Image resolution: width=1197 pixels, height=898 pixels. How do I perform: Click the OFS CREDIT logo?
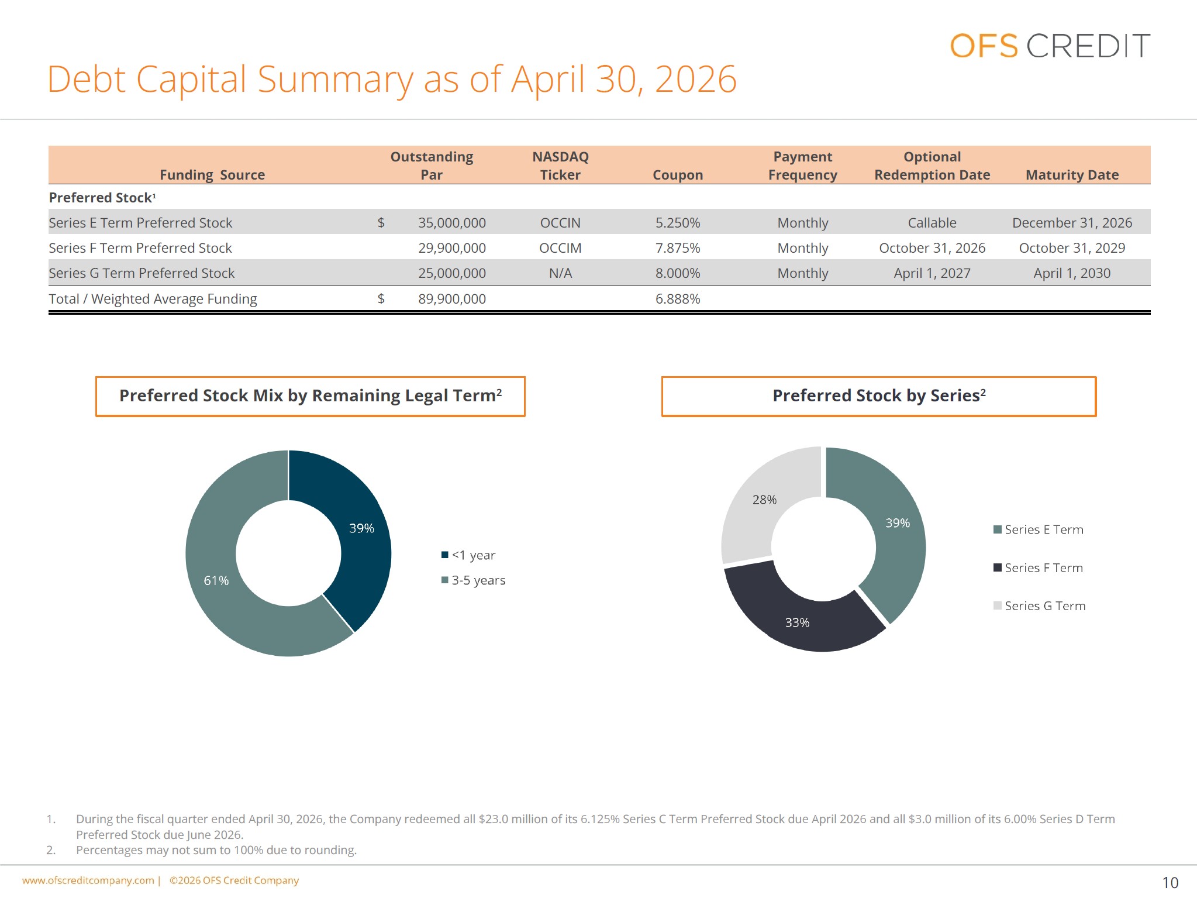coord(1050,46)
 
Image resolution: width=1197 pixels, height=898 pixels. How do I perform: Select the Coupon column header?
coord(678,175)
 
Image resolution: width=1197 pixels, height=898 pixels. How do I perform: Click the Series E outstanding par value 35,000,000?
coord(452,223)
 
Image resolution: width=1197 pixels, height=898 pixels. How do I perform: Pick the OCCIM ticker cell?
coord(560,248)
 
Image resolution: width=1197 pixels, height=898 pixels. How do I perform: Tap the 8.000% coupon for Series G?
coord(678,273)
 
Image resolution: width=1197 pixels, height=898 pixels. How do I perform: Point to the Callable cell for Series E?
coord(932,223)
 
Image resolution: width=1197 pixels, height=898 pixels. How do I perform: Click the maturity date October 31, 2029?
coord(1072,248)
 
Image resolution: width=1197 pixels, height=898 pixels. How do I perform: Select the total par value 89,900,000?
coord(452,299)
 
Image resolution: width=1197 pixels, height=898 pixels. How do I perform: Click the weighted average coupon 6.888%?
coord(678,299)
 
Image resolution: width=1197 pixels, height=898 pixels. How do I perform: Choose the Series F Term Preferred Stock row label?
coord(140,248)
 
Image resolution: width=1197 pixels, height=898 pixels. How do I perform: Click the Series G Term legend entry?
coord(1039,606)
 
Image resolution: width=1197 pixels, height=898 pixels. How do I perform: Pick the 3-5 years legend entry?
coord(473,580)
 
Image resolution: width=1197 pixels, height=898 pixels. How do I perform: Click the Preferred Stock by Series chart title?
coord(879,396)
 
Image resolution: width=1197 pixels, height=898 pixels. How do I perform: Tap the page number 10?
coord(1170,883)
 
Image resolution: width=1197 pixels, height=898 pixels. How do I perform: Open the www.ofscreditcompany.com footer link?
coord(88,880)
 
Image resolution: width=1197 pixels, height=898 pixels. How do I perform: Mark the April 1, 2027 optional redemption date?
coord(932,273)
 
